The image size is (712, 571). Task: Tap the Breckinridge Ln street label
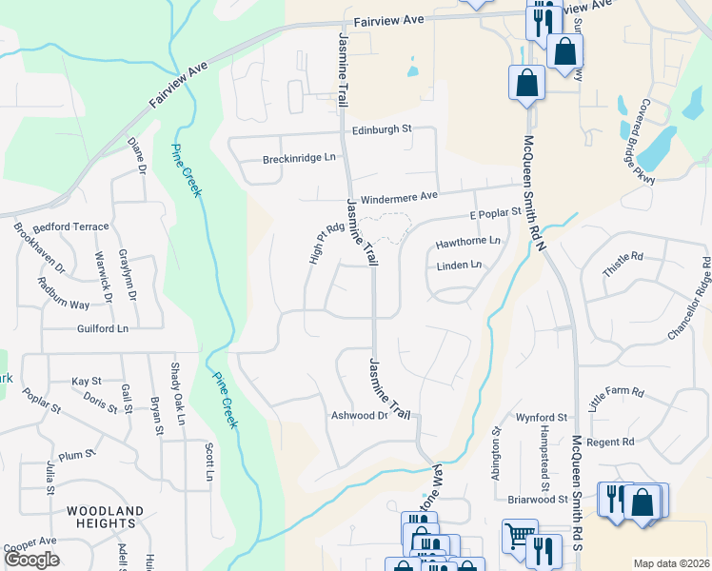299,157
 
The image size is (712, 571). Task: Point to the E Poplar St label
496,212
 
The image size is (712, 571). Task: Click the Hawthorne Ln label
467,243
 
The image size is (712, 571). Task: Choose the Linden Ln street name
459,266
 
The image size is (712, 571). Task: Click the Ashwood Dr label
360,416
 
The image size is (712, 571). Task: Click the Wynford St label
541,418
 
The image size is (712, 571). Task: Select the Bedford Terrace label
71,227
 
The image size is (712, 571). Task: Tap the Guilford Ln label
103,328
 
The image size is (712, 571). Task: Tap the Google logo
31,560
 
